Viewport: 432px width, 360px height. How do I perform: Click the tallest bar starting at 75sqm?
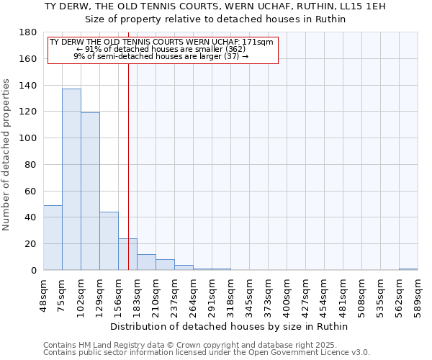coord(71,179)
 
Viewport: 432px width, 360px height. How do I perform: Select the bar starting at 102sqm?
coord(90,191)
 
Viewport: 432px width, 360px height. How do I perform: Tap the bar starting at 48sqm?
coord(53,238)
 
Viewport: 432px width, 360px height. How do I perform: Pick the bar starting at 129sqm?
coord(109,241)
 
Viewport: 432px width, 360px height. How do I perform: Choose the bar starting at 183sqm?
coord(146,262)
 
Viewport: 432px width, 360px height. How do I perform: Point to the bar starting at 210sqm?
coord(165,265)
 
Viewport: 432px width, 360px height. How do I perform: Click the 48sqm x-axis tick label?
coord(43,294)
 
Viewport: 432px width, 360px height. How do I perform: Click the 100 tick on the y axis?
coord(29,138)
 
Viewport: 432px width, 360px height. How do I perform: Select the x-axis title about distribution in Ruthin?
coord(230,327)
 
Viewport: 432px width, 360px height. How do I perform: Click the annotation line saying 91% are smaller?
coord(161,49)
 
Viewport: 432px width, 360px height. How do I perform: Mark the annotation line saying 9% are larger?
coord(161,56)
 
